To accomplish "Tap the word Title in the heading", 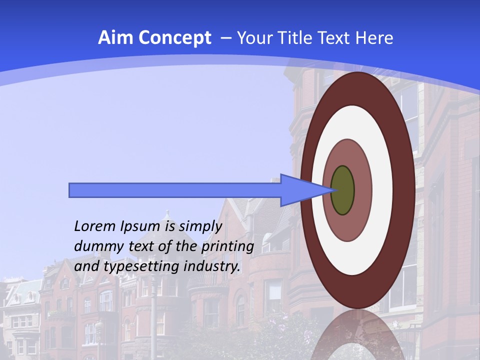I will coord(296,38).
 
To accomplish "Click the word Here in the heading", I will coord(374,38).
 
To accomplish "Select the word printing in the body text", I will coord(227,247).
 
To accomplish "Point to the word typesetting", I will coord(141,267).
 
